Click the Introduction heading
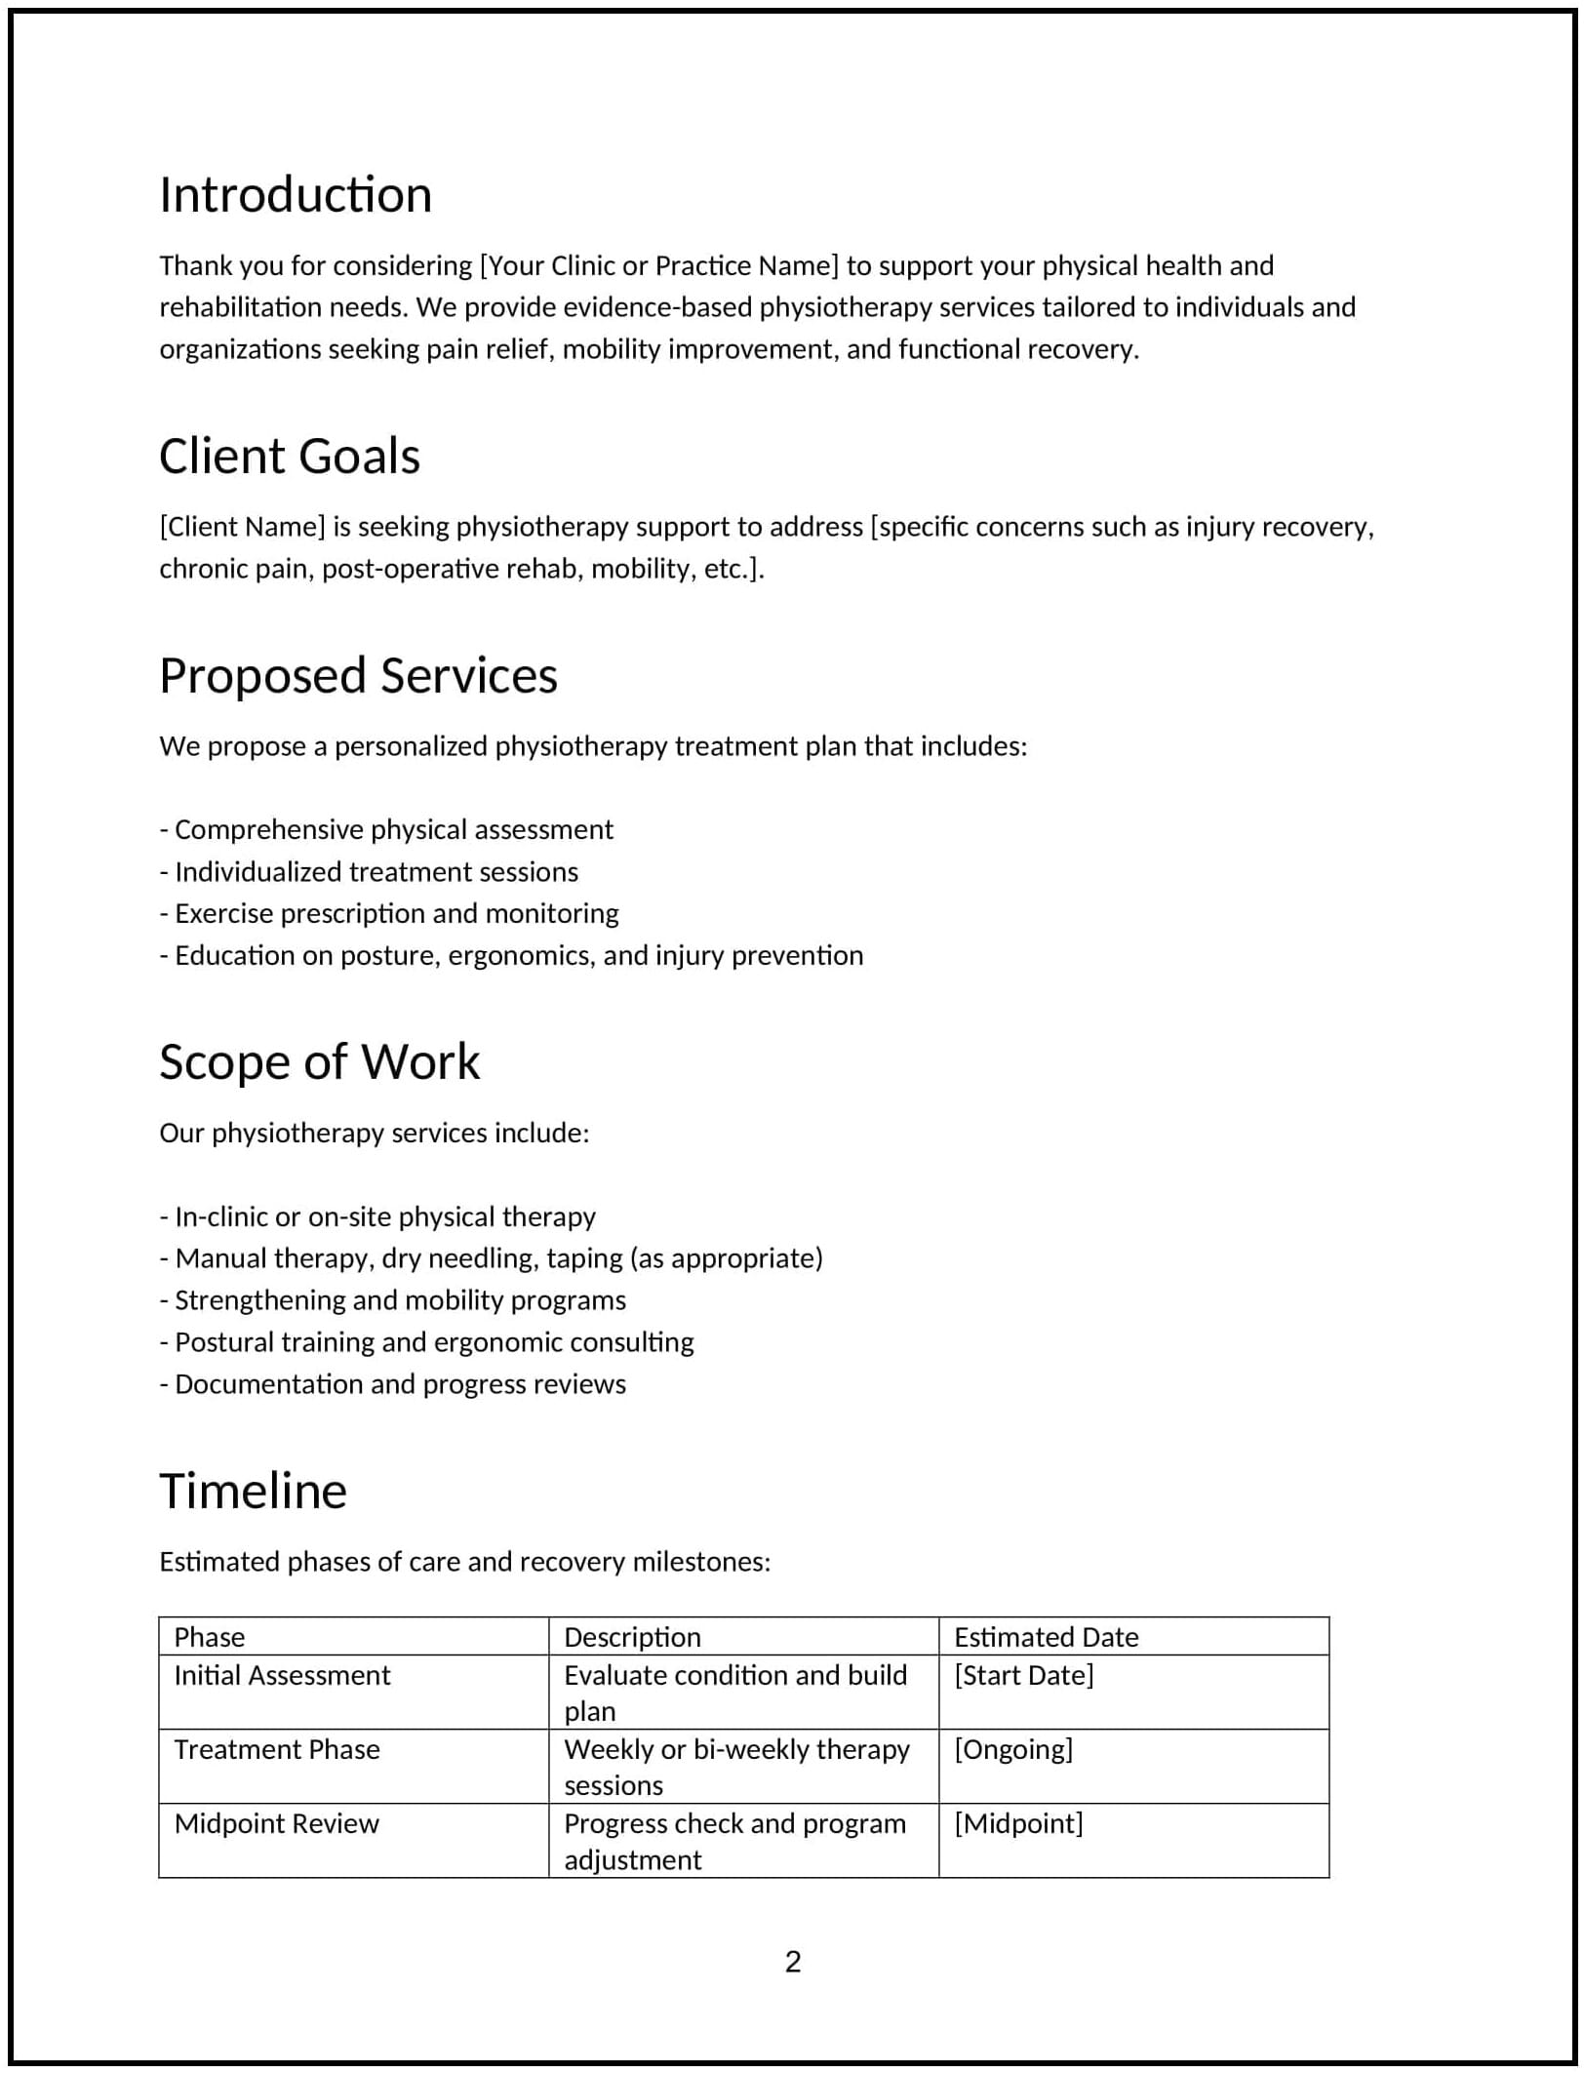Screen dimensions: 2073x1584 [x=295, y=195]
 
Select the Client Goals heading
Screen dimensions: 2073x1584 [x=289, y=457]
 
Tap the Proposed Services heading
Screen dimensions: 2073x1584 [x=358, y=676]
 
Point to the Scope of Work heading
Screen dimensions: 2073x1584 [x=319, y=1062]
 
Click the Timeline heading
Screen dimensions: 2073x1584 [x=253, y=1492]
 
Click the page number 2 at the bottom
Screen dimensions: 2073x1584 [x=792, y=1962]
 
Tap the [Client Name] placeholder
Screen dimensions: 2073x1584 [x=242, y=527]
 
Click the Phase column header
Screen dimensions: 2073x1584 [x=209, y=1638]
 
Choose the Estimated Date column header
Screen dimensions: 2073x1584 [x=1046, y=1638]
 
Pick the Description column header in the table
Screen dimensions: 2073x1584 [x=632, y=1638]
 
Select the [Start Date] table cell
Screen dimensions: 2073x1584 [x=1023, y=1676]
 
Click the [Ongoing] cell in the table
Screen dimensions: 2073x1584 [x=1012, y=1750]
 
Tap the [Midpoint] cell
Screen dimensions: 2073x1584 [x=1018, y=1824]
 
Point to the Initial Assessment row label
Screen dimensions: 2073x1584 [x=282, y=1676]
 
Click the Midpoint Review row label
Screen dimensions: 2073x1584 [x=276, y=1824]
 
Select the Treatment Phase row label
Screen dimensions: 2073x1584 [x=277, y=1750]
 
